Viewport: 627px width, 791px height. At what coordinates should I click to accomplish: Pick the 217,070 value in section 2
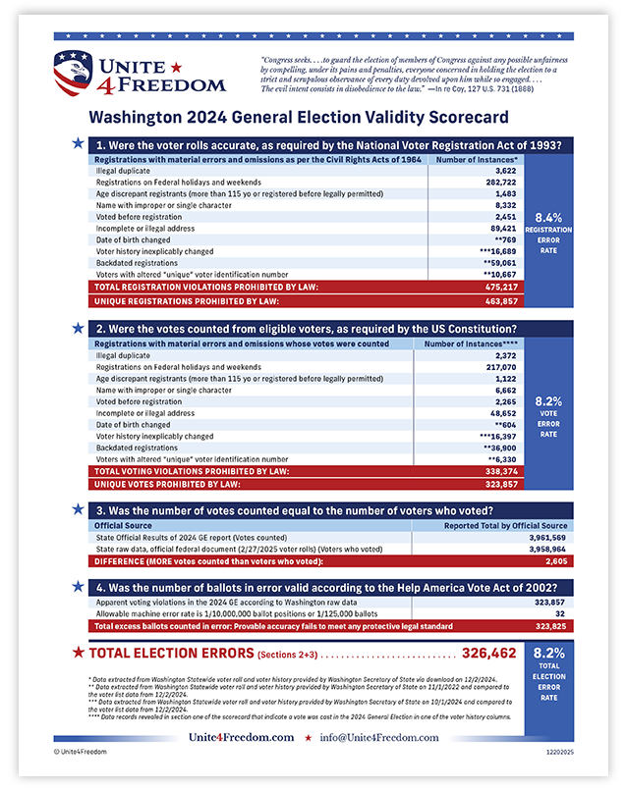coord(498,367)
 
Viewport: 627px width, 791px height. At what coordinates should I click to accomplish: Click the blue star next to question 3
coord(78,509)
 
